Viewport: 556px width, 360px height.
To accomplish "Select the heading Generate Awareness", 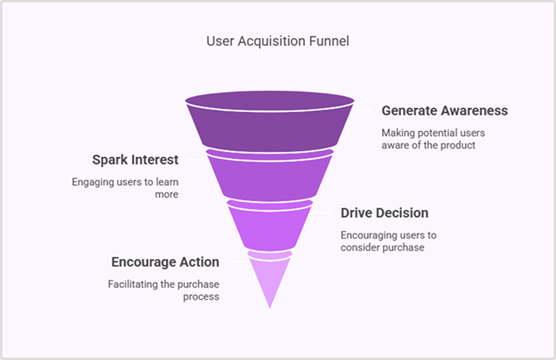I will [x=444, y=110].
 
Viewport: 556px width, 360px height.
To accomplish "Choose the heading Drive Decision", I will [x=384, y=213].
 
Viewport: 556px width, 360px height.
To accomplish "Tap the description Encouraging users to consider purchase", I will [x=388, y=242].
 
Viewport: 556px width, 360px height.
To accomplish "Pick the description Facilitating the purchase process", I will [x=164, y=291].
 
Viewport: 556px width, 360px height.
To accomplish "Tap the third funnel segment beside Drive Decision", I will [x=270, y=226].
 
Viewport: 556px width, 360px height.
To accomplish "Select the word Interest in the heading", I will [x=154, y=160].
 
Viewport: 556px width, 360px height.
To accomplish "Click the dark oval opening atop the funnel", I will [x=270, y=102].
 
